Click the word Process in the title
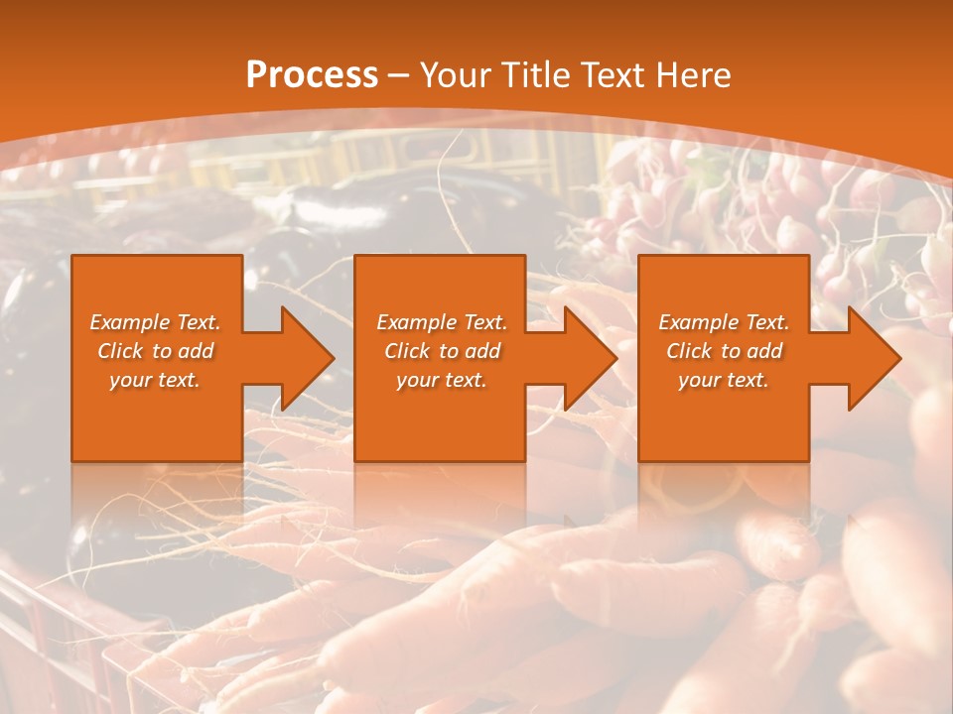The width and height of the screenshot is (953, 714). coord(312,74)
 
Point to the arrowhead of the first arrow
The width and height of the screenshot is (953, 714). coord(308,358)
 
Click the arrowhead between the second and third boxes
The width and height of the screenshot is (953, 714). coord(591,358)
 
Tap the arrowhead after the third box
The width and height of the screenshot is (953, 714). coord(874,358)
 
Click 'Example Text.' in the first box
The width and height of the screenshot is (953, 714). coord(155,322)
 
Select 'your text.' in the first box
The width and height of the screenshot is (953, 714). coord(155,380)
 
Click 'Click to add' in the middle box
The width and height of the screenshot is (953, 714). coord(442,351)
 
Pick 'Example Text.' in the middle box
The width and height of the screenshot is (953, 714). coord(442,322)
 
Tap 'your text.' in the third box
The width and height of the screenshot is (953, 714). coord(724,380)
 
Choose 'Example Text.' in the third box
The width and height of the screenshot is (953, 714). coord(724,322)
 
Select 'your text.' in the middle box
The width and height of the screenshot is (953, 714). coord(442,380)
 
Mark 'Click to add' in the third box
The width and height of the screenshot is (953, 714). coord(724,351)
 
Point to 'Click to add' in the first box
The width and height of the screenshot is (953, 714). coord(155,351)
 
